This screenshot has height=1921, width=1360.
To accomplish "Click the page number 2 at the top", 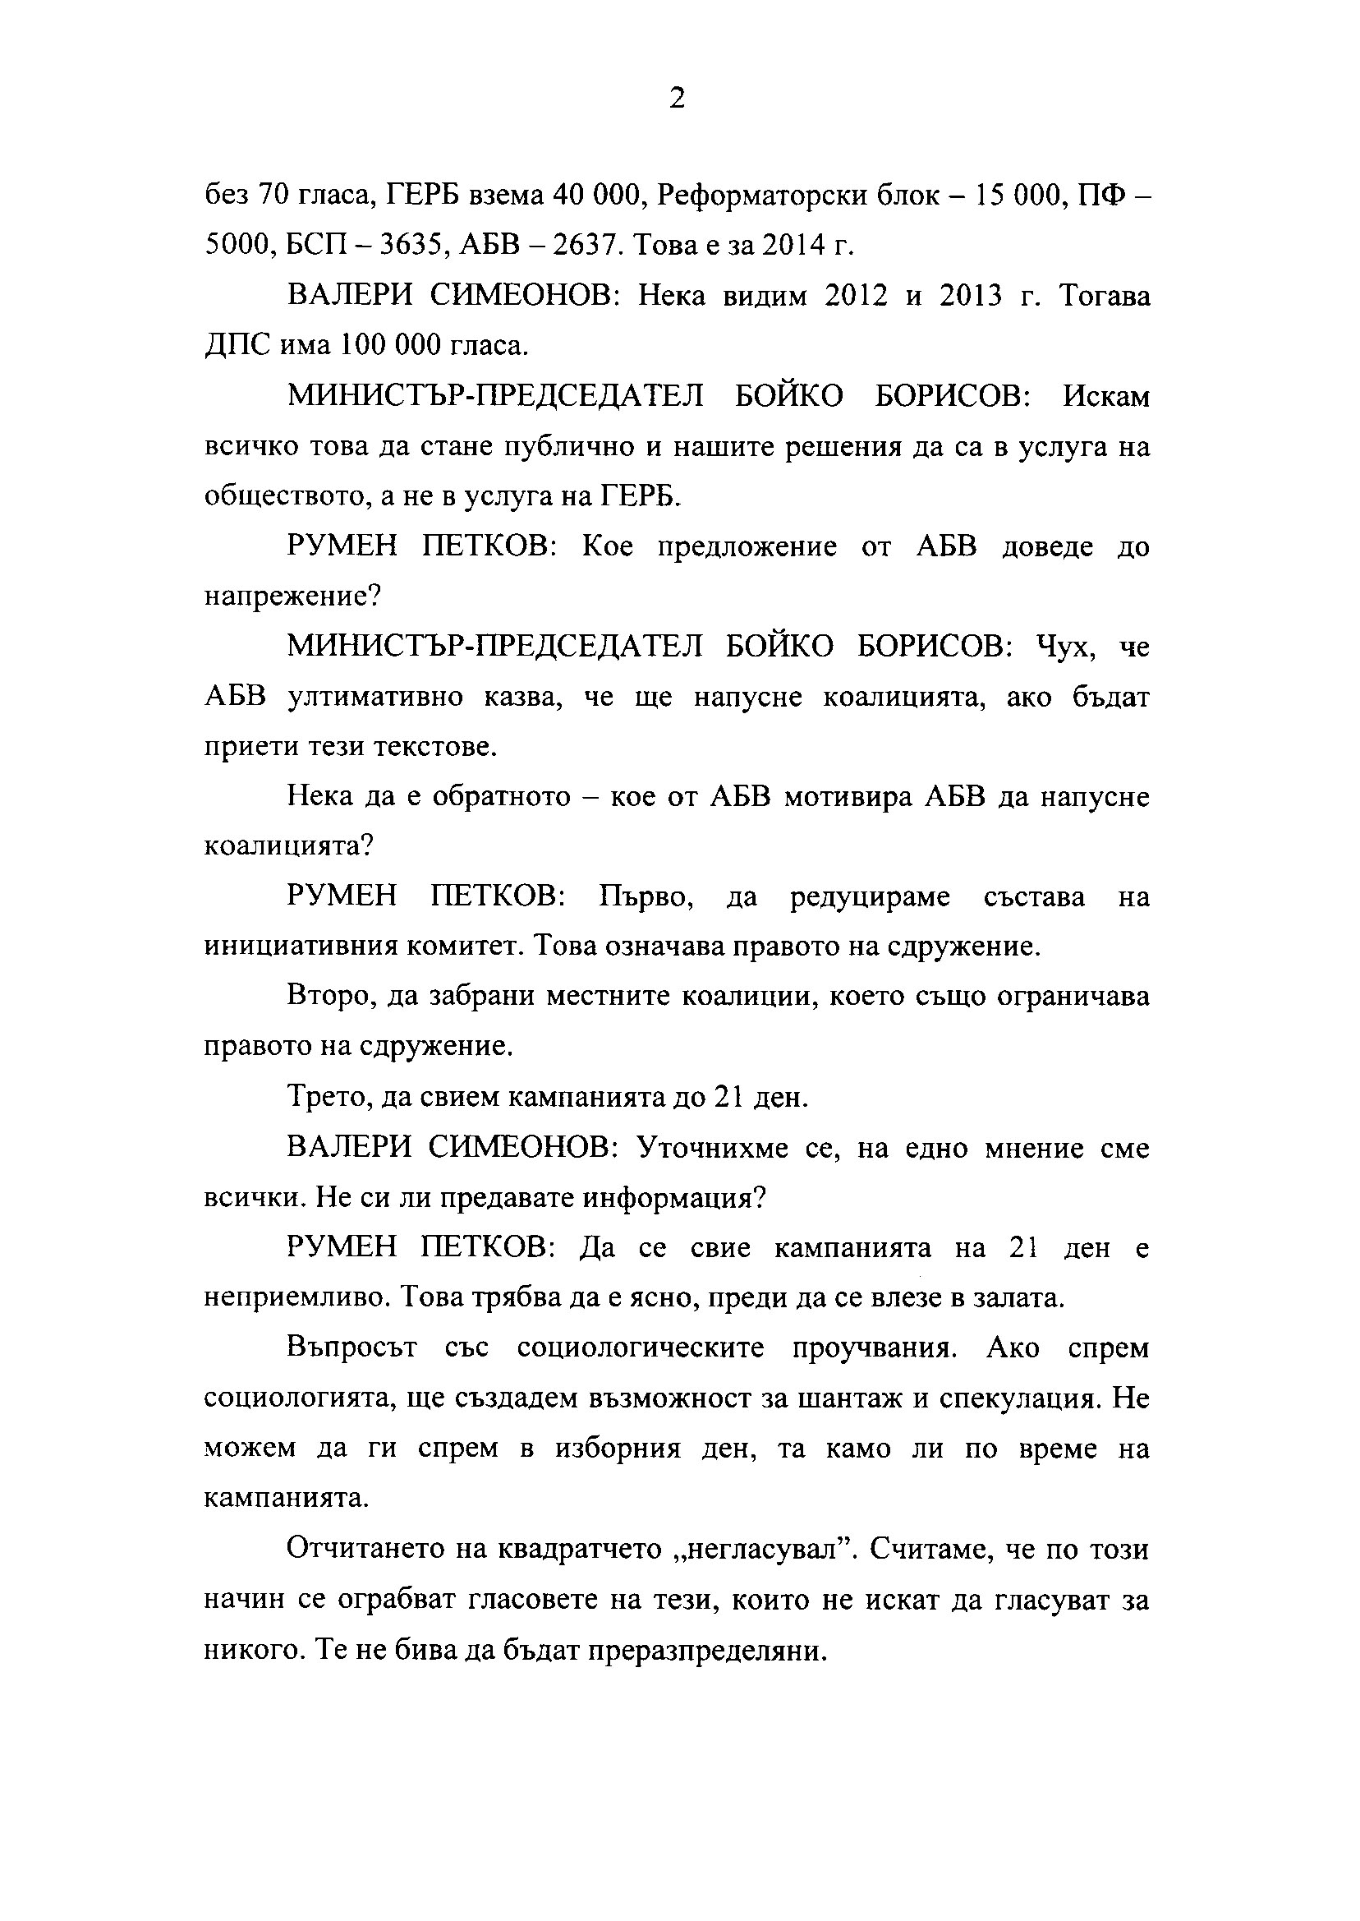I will (x=678, y=99).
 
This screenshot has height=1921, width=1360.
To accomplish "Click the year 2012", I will (x=855, y=296).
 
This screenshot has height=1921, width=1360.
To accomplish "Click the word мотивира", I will (x=847, y=797).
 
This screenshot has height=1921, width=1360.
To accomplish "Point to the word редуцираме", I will (x=869, y=897).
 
